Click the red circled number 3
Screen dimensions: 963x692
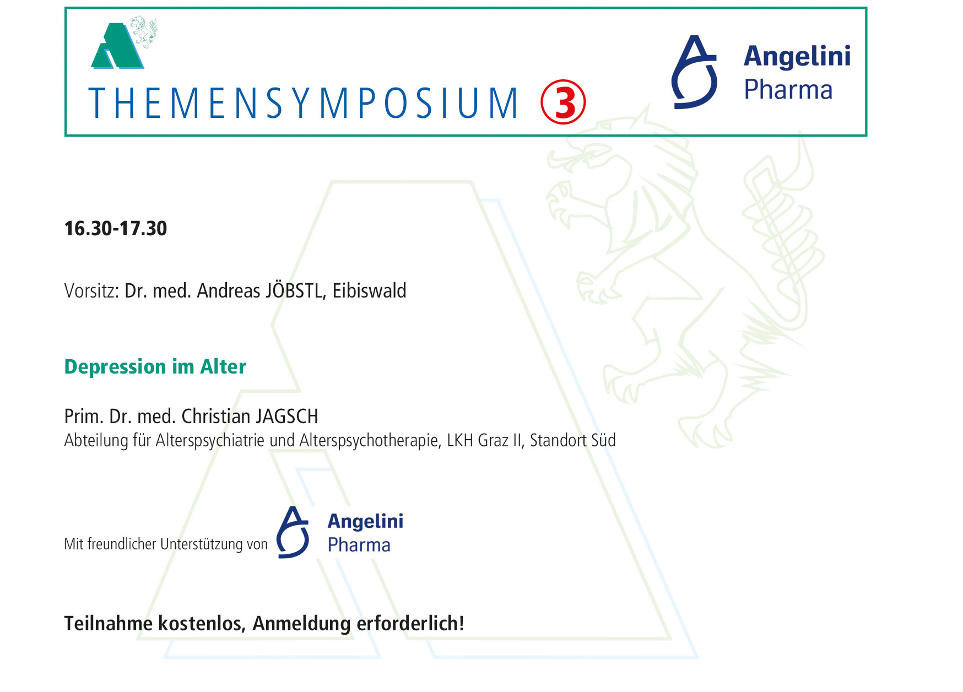[x=562, y=102]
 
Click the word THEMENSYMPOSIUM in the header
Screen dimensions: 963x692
[x=304, y=103]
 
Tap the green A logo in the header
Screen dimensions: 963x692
[x=117, y=46]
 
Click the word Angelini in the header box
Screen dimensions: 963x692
[x=797, y=56]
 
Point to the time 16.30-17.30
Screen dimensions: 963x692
[x=116, y=229]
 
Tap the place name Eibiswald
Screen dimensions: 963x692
[x=369, y=290]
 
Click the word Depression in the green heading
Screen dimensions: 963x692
[x=115, y=367]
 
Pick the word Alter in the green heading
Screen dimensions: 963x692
[x=223, y=366]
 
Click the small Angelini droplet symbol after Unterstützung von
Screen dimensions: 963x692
[x=293, y=533]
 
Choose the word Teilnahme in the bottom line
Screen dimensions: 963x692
[x=109, y=624]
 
